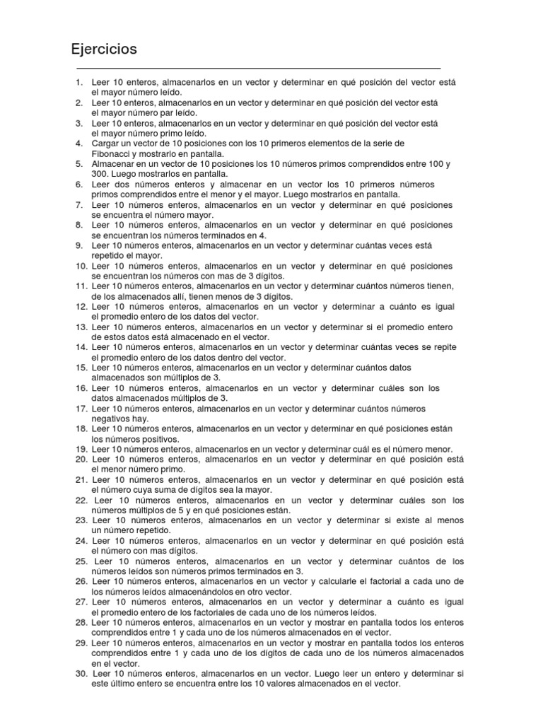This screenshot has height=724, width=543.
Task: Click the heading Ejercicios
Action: (x=104, y=50)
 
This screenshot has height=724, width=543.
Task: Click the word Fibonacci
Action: (x=112, y=153)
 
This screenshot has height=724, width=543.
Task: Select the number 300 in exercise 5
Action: (x=100, y=174)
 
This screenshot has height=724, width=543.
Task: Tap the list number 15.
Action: (x=81, y=368)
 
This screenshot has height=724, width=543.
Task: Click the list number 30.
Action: (x=81, y=674)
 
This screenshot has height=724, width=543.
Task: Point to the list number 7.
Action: (x=79, y=205)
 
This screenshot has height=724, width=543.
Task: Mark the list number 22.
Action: (x=81, y=501)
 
